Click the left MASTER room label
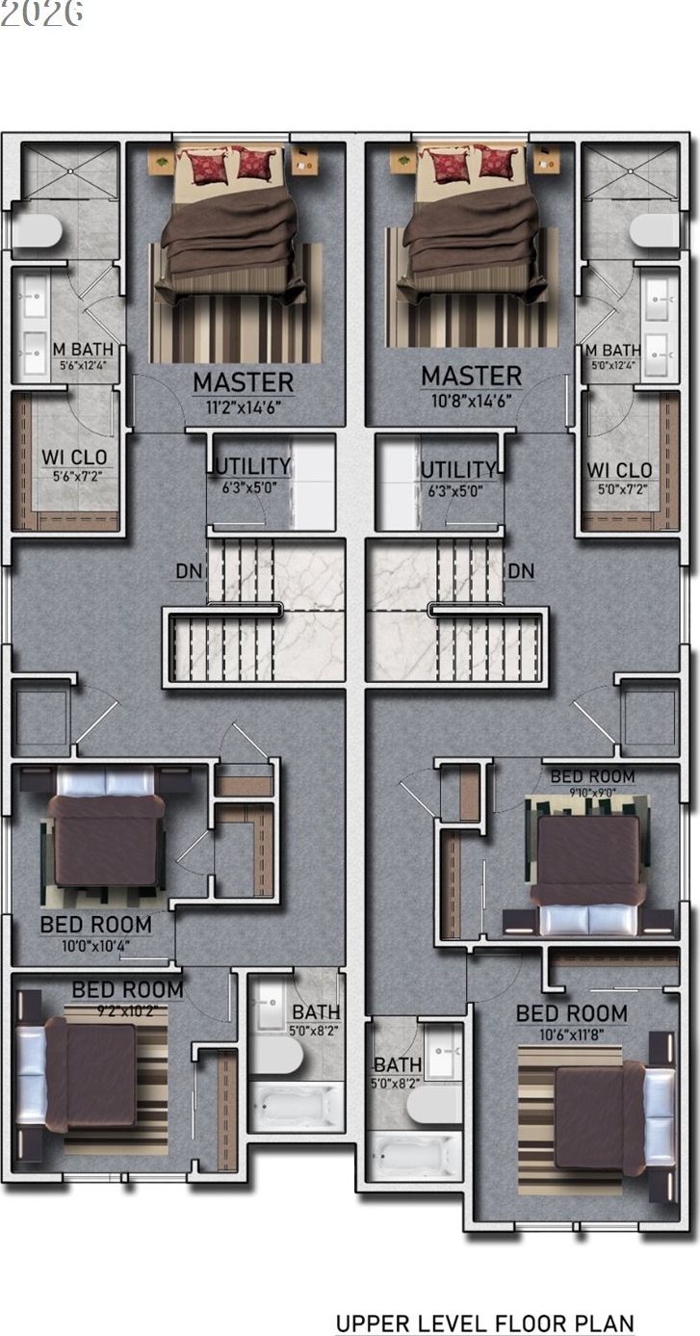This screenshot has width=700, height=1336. click(243, 381)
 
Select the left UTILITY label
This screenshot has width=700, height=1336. click(252, 468)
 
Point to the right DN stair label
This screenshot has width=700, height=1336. click(521, 571)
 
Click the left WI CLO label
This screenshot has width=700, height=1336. click(74, 457)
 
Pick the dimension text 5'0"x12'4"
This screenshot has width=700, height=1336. click(612, 365)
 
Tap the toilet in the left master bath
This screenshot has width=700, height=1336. click(37, 231)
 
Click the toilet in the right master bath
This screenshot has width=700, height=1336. click(655, 231)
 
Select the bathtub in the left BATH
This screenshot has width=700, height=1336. click(297, 1105)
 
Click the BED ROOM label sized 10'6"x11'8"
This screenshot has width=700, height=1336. click(571, 1013)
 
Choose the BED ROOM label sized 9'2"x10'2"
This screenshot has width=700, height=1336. click(127, 989)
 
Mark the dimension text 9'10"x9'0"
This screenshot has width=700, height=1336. click(591, 793)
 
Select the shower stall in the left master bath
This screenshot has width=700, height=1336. click(69, 171)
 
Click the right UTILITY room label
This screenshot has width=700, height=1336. click(457, 469)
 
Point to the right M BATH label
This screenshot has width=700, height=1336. click(612, 350)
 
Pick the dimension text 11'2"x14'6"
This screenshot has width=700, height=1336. click(243, 406)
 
